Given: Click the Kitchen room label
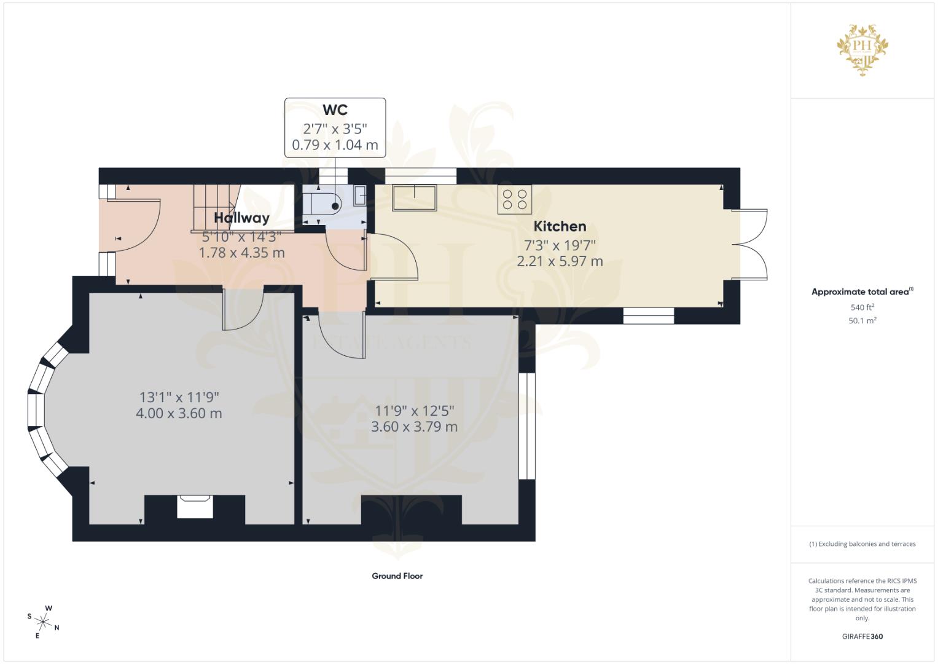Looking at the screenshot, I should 559,226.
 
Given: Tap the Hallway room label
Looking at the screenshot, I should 241,218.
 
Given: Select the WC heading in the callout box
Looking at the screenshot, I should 335,110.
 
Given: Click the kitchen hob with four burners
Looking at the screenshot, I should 514,200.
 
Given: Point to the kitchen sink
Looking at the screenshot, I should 415,198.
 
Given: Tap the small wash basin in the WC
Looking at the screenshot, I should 360,196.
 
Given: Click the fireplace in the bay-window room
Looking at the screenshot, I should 195,507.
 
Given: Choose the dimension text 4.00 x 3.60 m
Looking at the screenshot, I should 179,413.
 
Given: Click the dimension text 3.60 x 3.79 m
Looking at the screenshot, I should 414,427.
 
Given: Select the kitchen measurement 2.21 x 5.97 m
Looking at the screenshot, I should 560,261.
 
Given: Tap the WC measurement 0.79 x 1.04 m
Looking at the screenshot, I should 335,146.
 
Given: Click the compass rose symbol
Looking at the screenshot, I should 44,622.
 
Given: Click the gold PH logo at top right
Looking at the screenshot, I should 862,48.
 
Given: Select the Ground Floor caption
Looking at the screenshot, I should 397,576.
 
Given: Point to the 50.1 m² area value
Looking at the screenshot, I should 862,320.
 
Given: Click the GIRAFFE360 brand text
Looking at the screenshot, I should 862,636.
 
